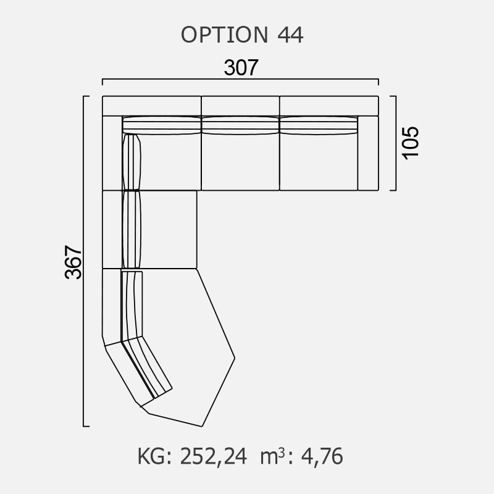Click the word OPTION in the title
[x=225, y=35]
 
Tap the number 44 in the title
[x=290, y=35]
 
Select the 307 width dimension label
[x=241, y=67]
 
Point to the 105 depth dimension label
[x=411, y=143]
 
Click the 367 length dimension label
[x=73, y=262]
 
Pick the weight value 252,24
[x=213, y=456]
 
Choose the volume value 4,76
[x=322, y=456]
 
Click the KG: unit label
[x=155, y=456]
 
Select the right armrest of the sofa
[x=368, y=153]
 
